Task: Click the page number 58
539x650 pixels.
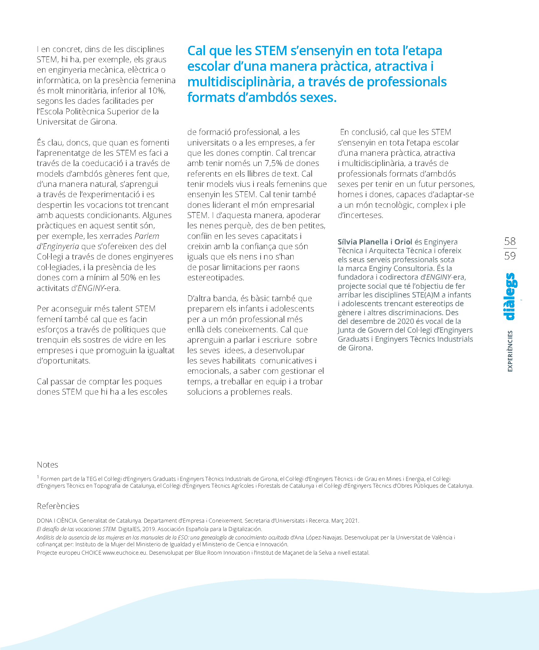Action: point(510,241)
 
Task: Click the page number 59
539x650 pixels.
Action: point(510,256)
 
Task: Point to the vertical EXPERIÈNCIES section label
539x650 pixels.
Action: point(510,351)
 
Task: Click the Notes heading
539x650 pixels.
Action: point(47,465)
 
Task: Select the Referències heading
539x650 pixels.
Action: point(58,506)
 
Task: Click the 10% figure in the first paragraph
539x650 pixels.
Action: point(156,91)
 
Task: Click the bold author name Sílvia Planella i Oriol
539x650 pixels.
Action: point(375,242)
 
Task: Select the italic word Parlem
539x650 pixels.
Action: point(147,236)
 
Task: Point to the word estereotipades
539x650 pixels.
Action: point(216,278)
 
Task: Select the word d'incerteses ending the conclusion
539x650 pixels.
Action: point(360,215)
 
